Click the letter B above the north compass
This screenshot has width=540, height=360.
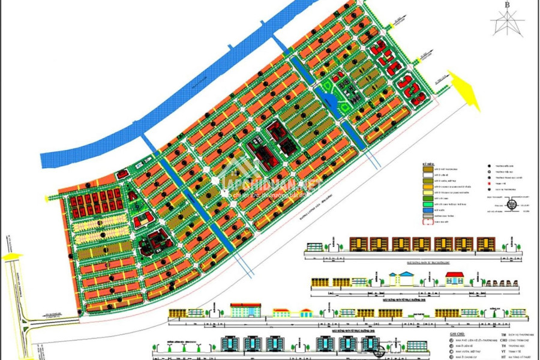[x=508, y=5]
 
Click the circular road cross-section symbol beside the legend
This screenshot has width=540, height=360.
[x=511, y=205]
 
